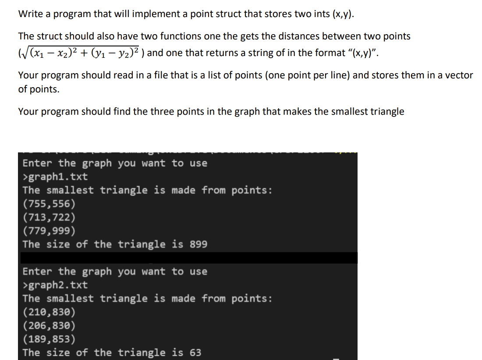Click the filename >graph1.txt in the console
(x=55, y=177)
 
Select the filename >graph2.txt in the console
(x=55, y=285)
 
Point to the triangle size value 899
(x=198, y=244)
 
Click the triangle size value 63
(x=195, y=353)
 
